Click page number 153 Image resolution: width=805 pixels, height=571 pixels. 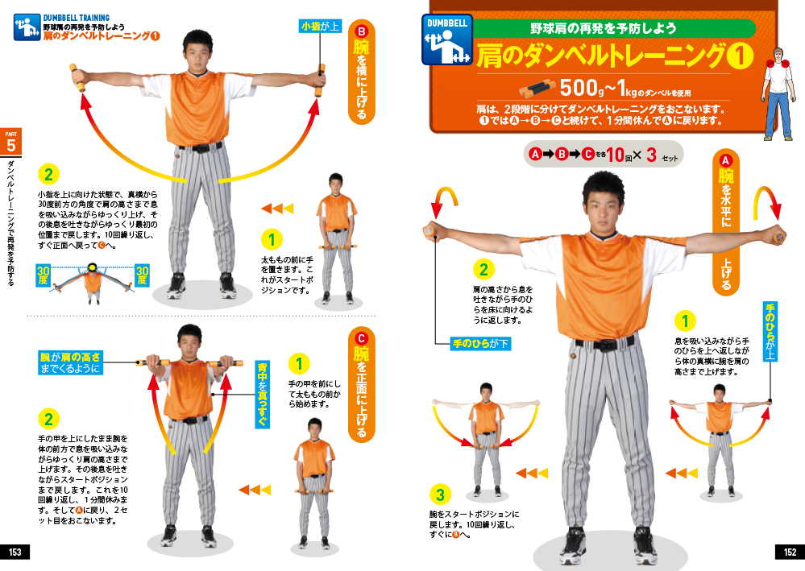pos(15,552)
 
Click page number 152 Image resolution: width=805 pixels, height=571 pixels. pos(790,552)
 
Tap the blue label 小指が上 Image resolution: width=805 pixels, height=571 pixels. pos(321,26)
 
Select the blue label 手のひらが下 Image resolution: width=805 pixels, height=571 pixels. pos(480,343)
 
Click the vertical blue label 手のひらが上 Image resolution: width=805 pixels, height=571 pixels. pos(770,332)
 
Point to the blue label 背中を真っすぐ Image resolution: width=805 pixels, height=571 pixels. pos(263,394)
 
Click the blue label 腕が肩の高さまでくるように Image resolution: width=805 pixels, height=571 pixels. pos(70,362)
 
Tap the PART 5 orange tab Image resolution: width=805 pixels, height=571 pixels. pos(10,142)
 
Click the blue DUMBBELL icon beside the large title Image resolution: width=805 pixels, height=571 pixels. pos(446,40)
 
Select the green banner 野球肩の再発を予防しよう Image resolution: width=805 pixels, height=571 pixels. pos(604,28)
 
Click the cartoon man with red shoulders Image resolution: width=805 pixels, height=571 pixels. pos(780,94)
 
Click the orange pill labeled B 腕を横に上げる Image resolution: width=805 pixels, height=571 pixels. pos(362,72)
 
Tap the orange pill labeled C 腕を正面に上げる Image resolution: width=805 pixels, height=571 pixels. pos(362,385)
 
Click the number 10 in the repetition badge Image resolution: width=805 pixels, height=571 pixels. pos(615,154)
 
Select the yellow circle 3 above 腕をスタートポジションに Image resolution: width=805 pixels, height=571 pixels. pos(440,494)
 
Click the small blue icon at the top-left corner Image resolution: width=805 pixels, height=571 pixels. pos(27,27)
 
